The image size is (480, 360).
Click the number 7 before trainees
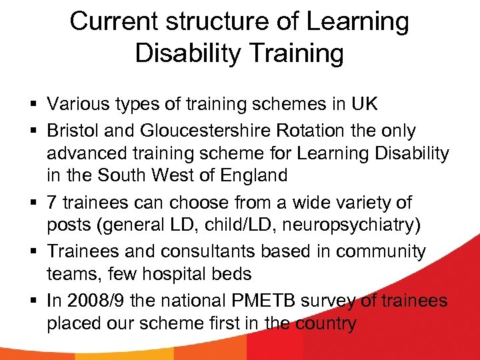[x=51, y=202]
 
